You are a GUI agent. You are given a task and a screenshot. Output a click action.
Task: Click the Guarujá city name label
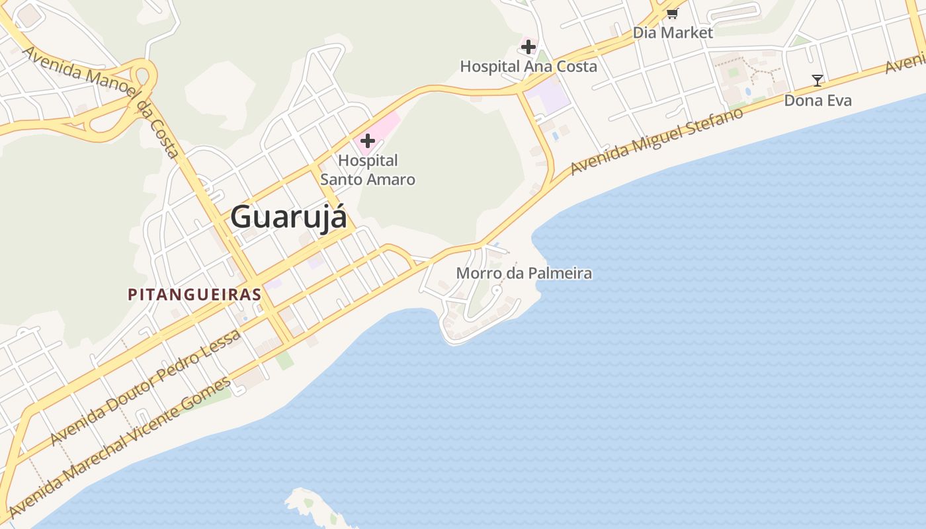(x=288, y=217)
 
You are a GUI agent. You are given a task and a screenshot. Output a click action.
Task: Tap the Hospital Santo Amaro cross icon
(x=368, y=141)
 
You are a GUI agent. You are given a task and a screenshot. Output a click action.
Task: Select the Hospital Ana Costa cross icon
(x=528, y=47)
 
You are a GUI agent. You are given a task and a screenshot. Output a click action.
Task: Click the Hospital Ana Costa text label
(x=528, y=66)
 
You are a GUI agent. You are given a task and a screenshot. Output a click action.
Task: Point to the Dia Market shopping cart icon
(x=673, y=13)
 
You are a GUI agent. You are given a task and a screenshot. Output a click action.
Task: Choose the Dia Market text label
(x=673, y=32)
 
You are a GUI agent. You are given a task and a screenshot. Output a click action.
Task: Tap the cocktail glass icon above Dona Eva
(x=818, y=81)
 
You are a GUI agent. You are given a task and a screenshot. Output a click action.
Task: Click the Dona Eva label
(x=818, y=101)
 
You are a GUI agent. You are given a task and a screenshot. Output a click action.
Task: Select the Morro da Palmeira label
(x=524, y=273)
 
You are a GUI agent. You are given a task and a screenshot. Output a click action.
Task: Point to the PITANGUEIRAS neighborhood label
(x=195, y=294)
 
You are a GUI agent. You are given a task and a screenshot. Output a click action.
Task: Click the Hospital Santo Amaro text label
(x=368, y=170)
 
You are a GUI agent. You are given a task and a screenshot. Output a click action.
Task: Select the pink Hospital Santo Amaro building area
(x=387, y=126)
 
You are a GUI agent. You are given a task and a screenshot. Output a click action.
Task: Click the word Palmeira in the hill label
(x=560, y=273)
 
